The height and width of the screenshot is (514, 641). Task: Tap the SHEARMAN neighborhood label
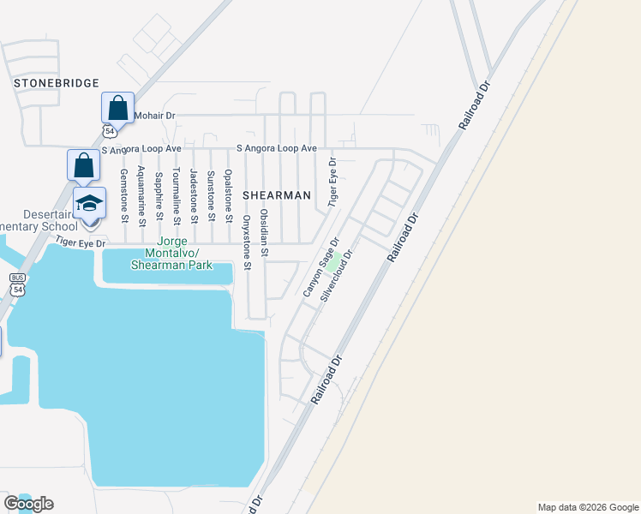276,195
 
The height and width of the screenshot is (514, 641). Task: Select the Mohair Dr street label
155,115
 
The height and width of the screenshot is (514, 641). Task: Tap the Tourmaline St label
177,195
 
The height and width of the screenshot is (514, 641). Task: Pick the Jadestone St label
194,195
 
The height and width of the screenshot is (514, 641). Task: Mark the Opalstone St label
228,195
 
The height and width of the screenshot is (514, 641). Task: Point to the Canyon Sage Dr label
321,267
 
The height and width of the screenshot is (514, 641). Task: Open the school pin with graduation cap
89,205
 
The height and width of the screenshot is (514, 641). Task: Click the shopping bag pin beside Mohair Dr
118,110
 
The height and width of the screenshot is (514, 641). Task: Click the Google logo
29,504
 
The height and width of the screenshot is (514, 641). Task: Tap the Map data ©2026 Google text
587,507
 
